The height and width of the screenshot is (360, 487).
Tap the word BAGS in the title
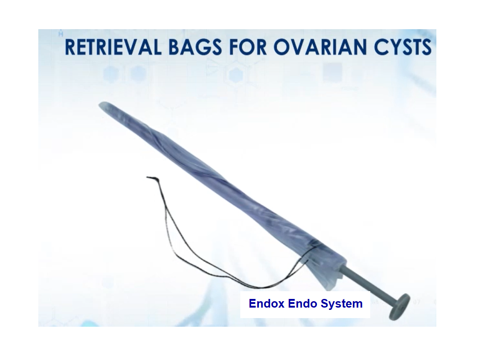tap(195, 47)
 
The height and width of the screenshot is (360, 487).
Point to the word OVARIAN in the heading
tap(320, 47)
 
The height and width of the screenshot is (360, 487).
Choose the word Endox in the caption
tap(266, 303)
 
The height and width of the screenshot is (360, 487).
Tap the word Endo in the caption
tap(302, 303)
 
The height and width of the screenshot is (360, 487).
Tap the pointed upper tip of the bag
tap(101, 105)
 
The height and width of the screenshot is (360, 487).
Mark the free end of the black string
tap(148, 177)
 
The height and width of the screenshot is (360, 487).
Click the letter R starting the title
tap(70, 47)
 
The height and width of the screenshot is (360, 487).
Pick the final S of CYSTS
tap(426, 47)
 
